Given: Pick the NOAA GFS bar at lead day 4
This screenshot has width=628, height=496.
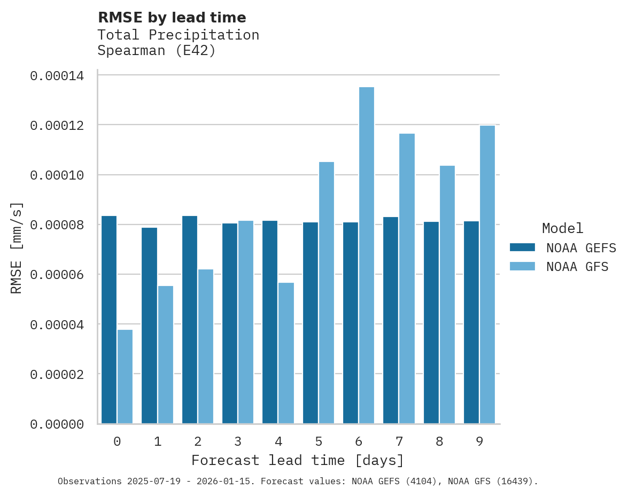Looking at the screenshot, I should click(x=286, y=353).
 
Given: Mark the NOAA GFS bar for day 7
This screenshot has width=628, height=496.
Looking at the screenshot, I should click(x=407, y=278).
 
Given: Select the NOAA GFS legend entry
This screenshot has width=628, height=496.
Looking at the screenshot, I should click(x=559, y=266).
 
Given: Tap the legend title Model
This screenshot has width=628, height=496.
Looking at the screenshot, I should click(x=562, y=228).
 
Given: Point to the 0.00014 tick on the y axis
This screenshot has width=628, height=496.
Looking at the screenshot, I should click(x=57, y=76).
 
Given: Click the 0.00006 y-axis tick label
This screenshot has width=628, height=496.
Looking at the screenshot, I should click(x=57, y=275).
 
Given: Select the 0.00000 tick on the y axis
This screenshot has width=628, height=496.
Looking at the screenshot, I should click(x=57, y=424).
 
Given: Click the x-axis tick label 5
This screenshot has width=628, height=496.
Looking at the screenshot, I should click(x=318, y=441).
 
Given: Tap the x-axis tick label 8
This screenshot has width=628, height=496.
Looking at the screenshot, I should click(x=439, y=441).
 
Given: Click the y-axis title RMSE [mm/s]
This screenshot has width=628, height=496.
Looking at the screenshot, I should click(x=17, y=248).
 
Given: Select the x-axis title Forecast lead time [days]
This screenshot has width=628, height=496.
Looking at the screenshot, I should click(x=298, y=460).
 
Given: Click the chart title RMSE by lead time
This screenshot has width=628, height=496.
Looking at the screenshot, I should click(x=172, y=18).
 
